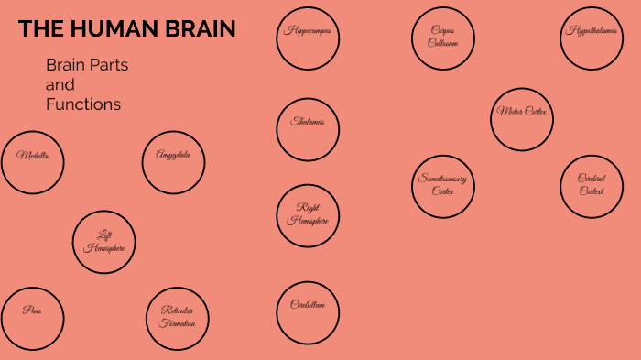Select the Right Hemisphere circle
[308, 215]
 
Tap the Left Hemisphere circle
[104, 242]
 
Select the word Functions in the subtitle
[83, 104]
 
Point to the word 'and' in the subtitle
[60, 85]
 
